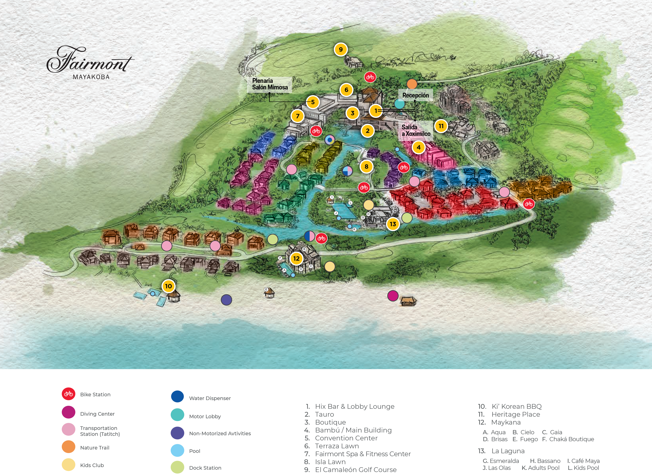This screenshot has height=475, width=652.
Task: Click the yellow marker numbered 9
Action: [341, 49]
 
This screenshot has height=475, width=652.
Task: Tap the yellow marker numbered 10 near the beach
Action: [169, 286]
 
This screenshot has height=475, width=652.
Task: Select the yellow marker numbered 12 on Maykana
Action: [296, 258]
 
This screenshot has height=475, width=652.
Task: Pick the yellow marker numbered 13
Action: [393, 224]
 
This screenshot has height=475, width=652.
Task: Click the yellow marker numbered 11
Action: [441, 126]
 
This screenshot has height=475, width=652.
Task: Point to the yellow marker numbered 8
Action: [367, 167]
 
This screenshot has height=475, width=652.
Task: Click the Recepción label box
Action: [416, 95]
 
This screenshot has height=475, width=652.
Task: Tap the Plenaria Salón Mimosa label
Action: [270, 84]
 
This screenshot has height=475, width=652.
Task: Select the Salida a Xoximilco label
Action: [416, 130]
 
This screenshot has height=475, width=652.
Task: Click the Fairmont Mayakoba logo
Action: [90, 63]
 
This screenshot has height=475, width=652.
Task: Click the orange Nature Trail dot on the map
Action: [412, 84]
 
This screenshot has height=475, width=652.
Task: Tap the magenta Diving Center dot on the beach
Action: [393, 295]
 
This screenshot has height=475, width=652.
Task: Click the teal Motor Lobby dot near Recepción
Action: [399, 104]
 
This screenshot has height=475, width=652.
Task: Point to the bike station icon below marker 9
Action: [370, 77]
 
